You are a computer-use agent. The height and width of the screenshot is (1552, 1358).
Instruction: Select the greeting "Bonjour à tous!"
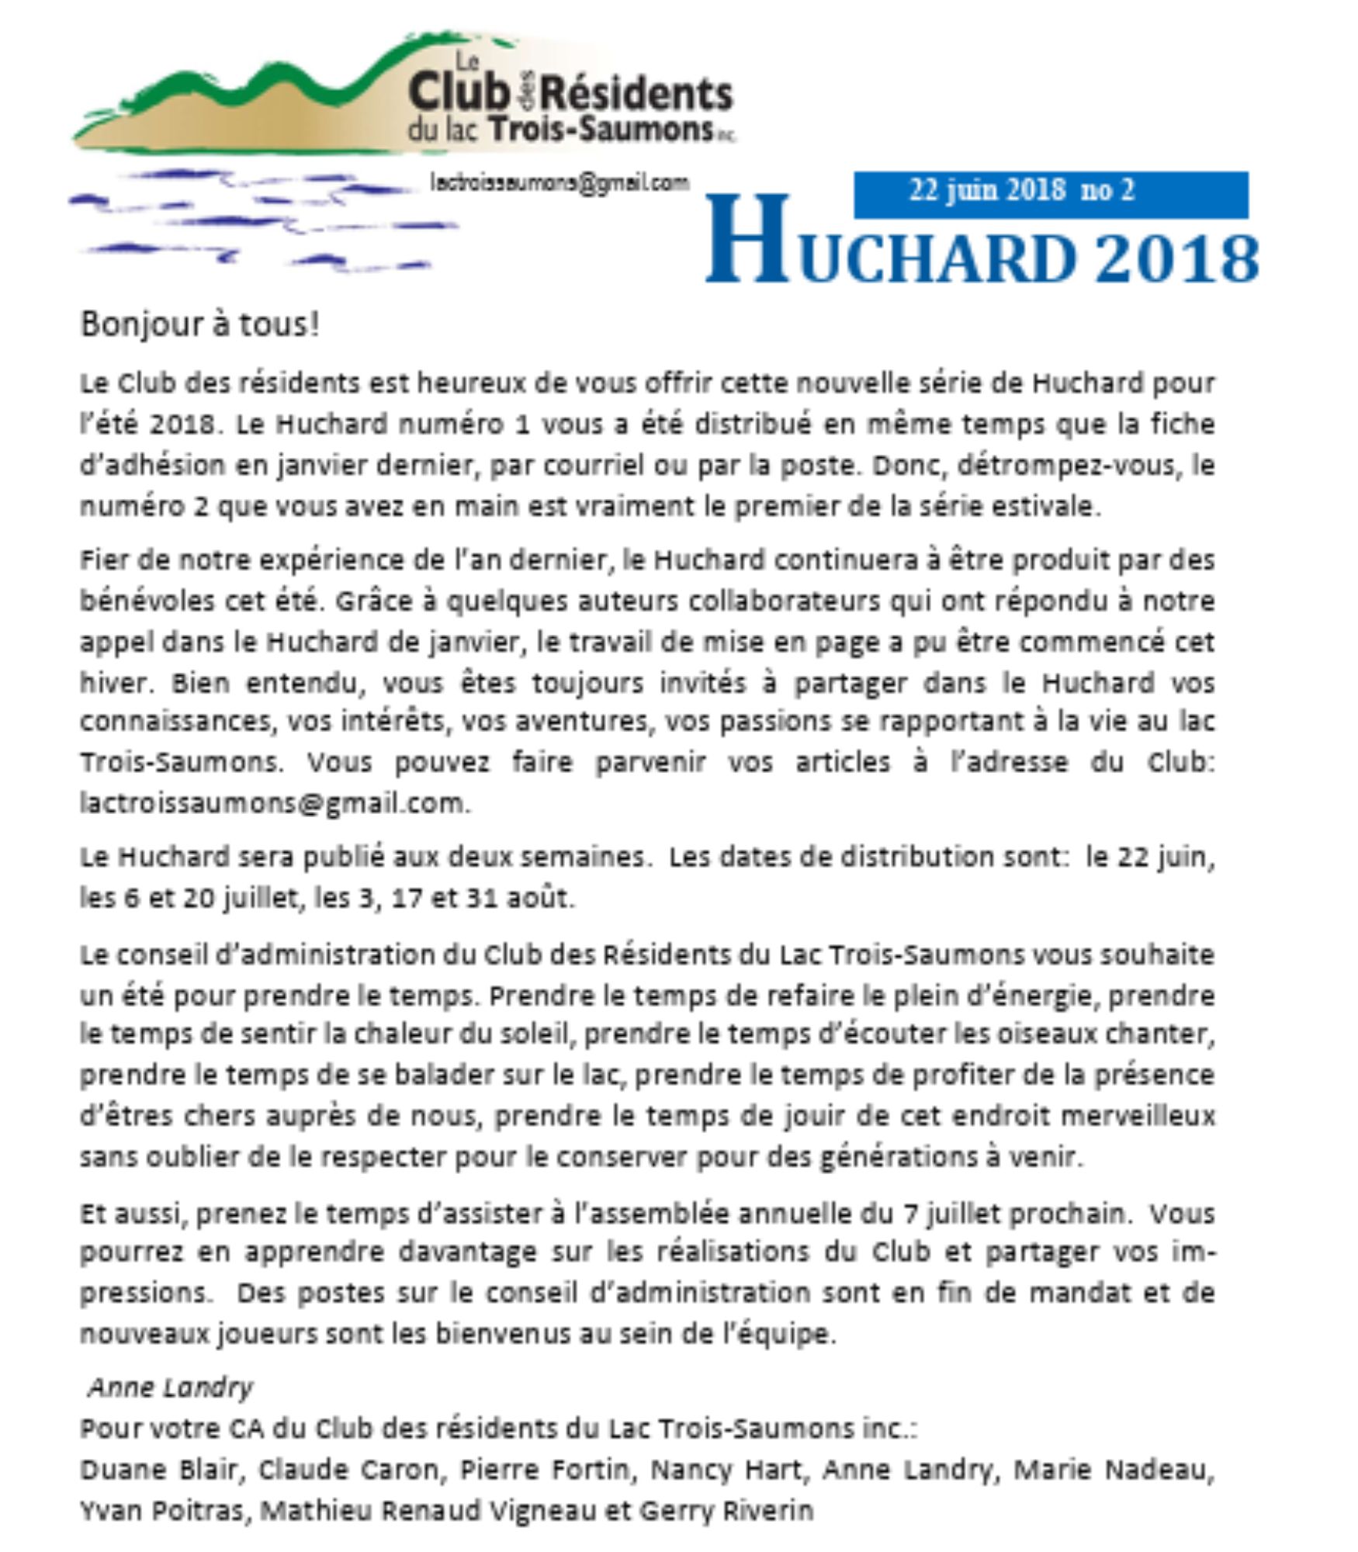coord(199,324)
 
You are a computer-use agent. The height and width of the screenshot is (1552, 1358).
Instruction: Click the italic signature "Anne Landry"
coord(171,1387)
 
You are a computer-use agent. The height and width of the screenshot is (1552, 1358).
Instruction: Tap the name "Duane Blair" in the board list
coord(158,1469)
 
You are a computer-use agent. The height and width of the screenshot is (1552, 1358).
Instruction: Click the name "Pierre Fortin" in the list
coord(544,1469)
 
